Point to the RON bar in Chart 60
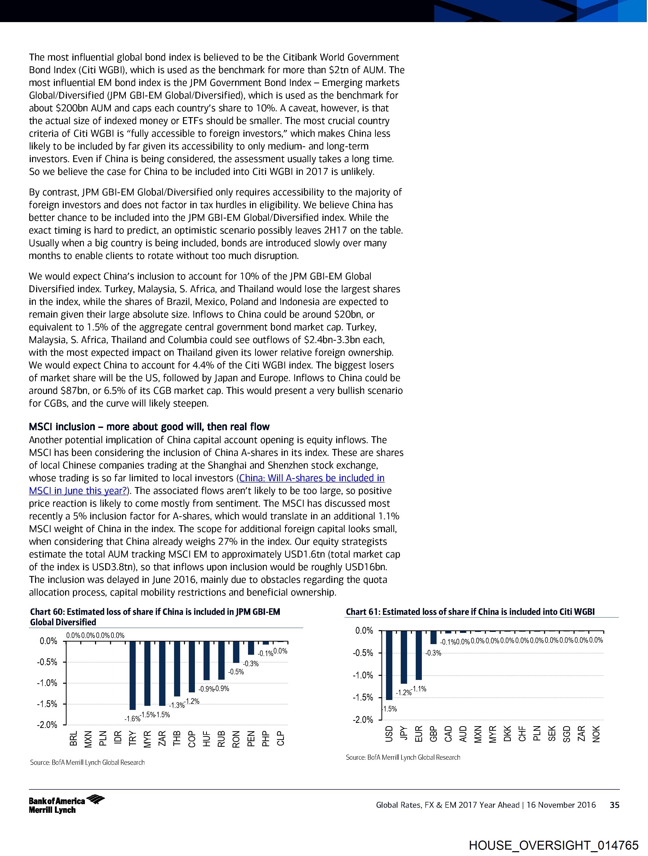(x=236, y=652)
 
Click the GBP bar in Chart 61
(x=434, y=637)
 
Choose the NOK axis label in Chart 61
(x=596, y=734)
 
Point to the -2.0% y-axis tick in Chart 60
(x=47, y=725)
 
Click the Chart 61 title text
(x=470, y=612)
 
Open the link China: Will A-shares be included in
(x=312, y=478)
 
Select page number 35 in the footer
(x=614, y=805)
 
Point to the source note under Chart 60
(x=87, y=762)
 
